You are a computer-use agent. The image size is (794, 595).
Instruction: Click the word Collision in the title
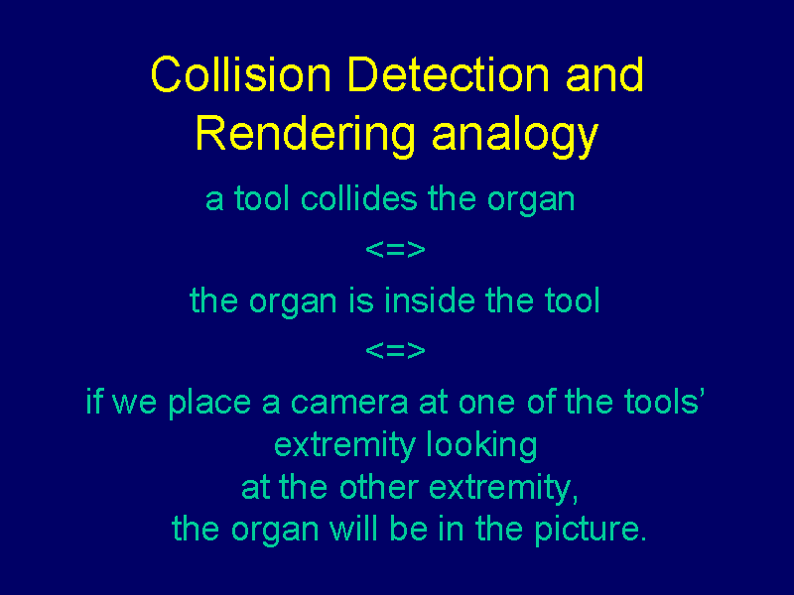[x=240, y=74]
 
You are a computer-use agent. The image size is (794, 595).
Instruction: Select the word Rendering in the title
[x=306, y=134]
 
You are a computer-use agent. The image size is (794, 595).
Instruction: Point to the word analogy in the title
[x=515, y=134]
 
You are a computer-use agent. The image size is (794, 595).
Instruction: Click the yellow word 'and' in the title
[x=604, y=74]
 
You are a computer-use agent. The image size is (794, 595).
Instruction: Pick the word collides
[x=359, y=198]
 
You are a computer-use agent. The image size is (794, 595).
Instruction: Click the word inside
[x=430, y=300]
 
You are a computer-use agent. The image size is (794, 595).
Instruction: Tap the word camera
[x=349, y=404]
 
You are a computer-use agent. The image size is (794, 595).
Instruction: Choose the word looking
[x=481, y=446]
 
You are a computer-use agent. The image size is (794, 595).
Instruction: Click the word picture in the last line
[x=591, y=531]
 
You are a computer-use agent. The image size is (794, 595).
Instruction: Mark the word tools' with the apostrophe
[x=664, y=402]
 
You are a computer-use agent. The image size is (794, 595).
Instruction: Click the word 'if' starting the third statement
[x=93, y=402]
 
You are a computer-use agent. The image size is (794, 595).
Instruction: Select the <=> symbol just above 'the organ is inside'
[x=395, y=250]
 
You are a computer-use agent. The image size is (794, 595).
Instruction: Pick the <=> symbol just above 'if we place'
[x=395, y=350]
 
